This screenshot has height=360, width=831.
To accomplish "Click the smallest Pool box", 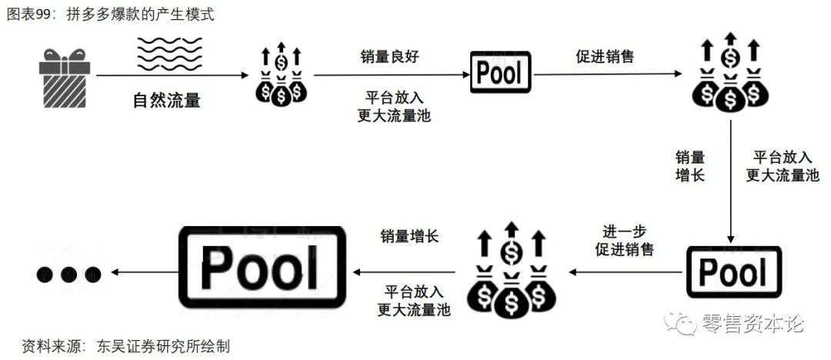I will coord(500,73).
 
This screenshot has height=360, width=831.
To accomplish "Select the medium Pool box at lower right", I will coord(733,272).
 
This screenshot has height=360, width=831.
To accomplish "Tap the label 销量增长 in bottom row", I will coord(409,236).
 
